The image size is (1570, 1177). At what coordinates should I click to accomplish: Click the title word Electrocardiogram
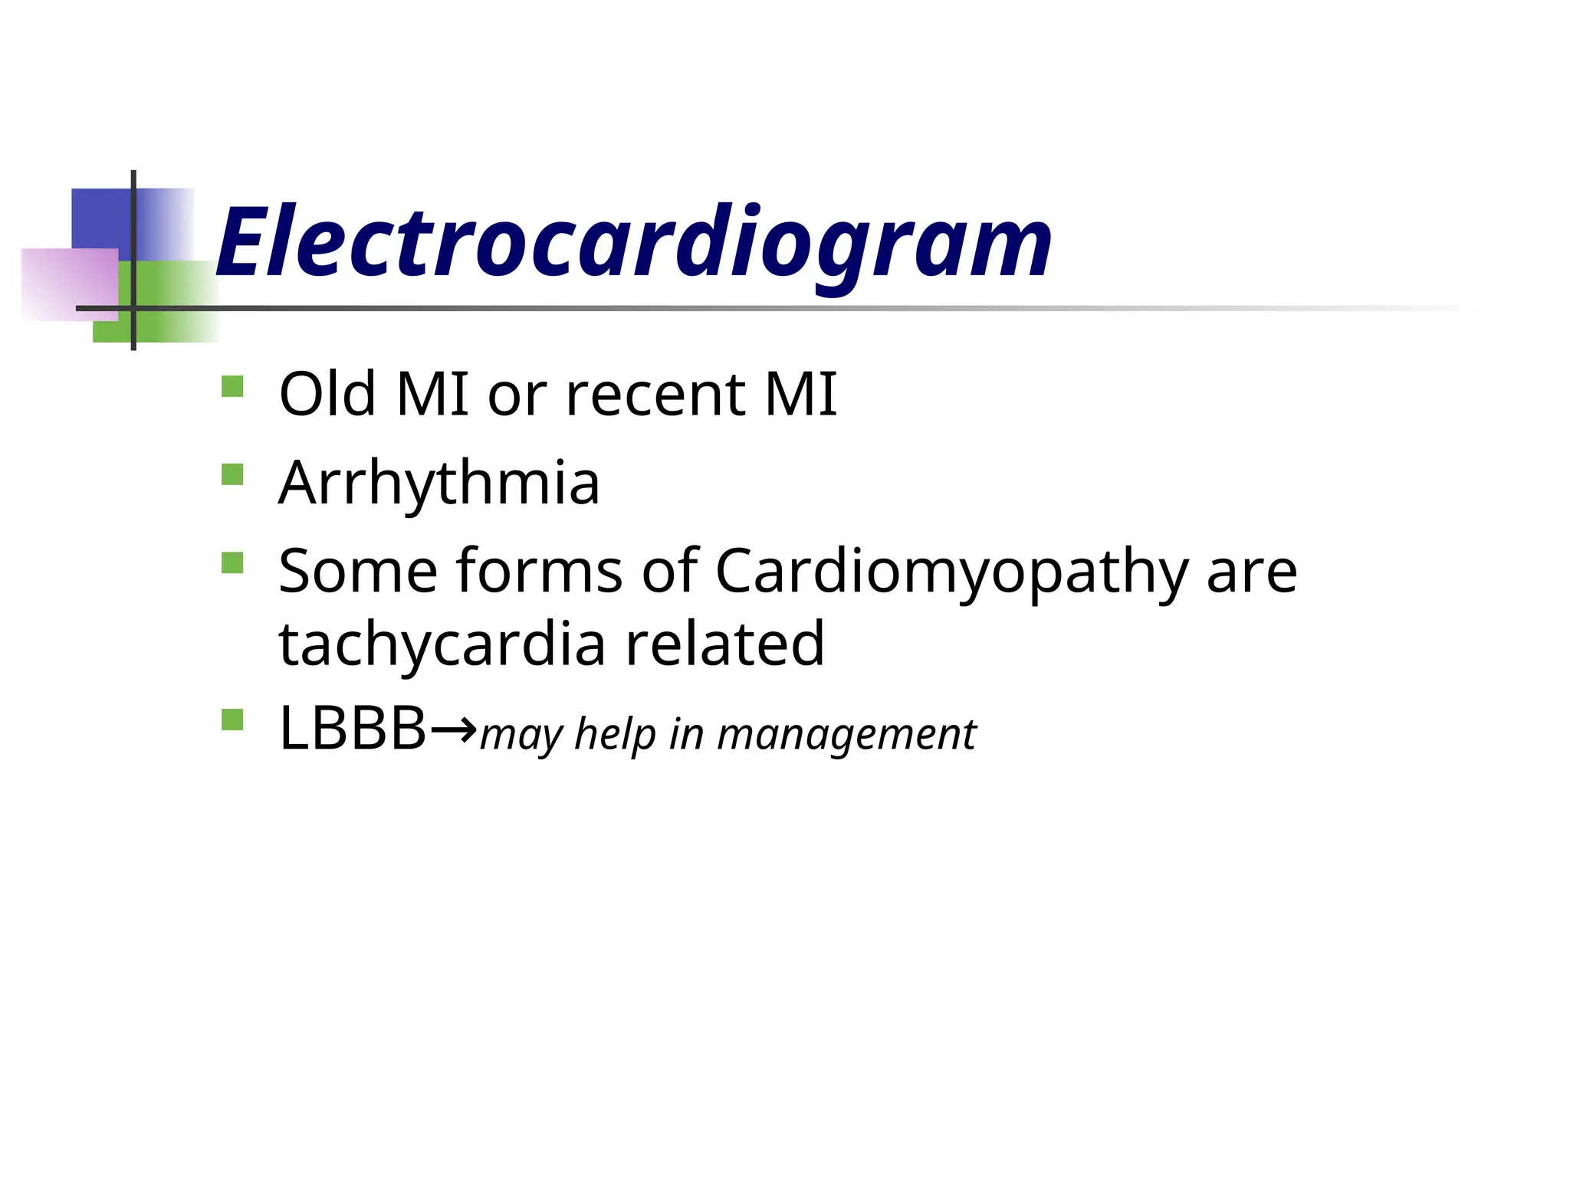coord(634,244)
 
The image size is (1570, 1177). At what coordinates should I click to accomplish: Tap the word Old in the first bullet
coord(328,394)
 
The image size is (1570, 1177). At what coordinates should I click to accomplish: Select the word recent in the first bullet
coord(655,395)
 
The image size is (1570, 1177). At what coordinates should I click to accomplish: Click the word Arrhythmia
coord(439,484)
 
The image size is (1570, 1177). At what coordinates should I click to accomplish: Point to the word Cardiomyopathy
coord(951,573)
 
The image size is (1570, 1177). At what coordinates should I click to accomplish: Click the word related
coord(724,644)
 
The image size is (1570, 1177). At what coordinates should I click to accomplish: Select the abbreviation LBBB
coord(353,729)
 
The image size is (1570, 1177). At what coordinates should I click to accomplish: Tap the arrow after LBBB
coord(454,727)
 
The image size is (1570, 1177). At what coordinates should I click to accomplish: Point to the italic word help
coord(616,734)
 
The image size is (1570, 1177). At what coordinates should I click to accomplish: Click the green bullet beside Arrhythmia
coord(232,474)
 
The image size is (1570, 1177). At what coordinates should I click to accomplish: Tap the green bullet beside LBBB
coord(232,720)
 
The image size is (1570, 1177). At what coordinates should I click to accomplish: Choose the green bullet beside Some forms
coord(232,563)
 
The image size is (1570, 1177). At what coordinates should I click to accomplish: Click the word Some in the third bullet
coord(358,572)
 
